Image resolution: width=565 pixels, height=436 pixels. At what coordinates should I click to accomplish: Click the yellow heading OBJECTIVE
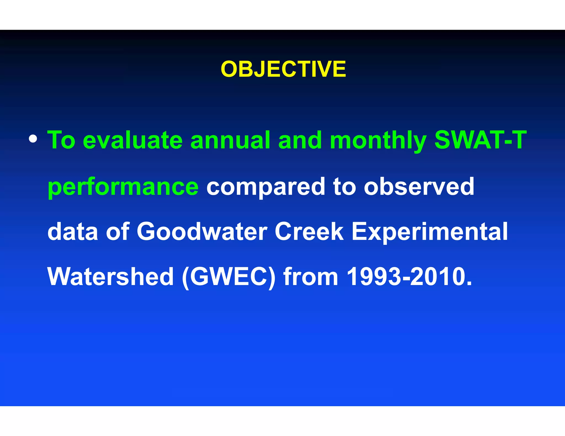283,69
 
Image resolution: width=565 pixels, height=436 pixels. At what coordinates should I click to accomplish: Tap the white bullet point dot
33,139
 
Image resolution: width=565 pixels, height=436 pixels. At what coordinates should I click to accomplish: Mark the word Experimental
430,232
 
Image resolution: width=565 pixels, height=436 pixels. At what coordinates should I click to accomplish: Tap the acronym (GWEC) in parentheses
229,277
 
